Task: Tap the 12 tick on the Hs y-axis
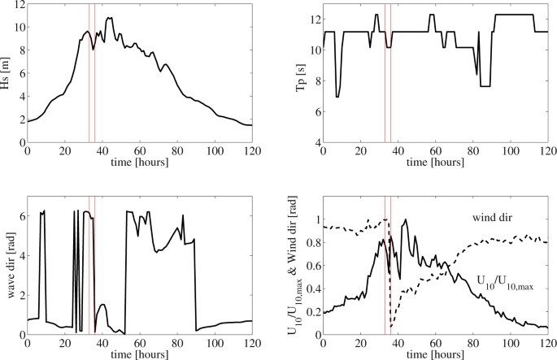pos(20,4)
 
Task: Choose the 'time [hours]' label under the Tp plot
pos(436,163)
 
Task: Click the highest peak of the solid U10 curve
pos(404,220)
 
